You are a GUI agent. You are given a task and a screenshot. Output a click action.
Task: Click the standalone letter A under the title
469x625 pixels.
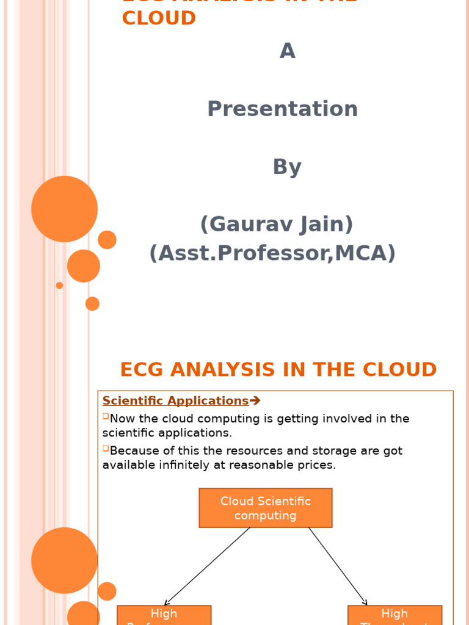(x=287, y=51)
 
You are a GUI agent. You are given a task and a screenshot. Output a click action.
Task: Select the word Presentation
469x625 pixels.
(x=282, y=109)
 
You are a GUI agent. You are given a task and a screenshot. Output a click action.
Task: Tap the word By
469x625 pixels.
(x=287, y=167)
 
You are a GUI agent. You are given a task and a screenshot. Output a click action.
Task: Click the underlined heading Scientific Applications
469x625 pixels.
(x=175, y=401)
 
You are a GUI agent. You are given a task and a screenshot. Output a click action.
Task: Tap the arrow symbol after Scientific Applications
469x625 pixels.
(x=255, y=401)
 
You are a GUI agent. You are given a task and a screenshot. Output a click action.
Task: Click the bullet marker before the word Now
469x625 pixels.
(x=106, y=416)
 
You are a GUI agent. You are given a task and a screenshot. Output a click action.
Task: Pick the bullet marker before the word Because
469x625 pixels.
(x=106, y=449)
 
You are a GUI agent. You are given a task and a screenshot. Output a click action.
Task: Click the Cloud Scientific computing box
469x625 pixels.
(x=265, y=508)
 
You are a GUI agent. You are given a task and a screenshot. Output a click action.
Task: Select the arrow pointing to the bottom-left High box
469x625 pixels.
(x=208, y=566)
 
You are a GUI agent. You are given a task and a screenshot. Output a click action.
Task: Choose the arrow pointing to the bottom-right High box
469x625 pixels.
(x=338, y=566)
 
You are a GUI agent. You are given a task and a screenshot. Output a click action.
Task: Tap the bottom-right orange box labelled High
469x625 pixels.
(x=394, y=615)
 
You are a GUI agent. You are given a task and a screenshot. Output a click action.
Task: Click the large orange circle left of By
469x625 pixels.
(x=64, y=209)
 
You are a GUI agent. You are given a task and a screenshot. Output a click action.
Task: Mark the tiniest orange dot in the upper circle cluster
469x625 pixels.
(x=59, y=285)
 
